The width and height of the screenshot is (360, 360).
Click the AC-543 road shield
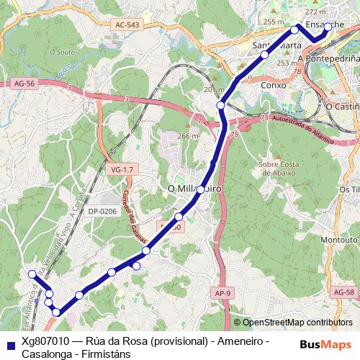coord(127,25)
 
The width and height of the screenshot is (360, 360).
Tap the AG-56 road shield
coord(24,84)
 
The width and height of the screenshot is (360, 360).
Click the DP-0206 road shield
coord(102,211)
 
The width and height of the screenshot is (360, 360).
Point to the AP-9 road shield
coord(222,292)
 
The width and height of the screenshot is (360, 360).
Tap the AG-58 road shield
coord(345,292)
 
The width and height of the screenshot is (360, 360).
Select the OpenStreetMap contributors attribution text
coord(297,323)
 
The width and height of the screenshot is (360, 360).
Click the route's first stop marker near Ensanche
coord(328,27)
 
